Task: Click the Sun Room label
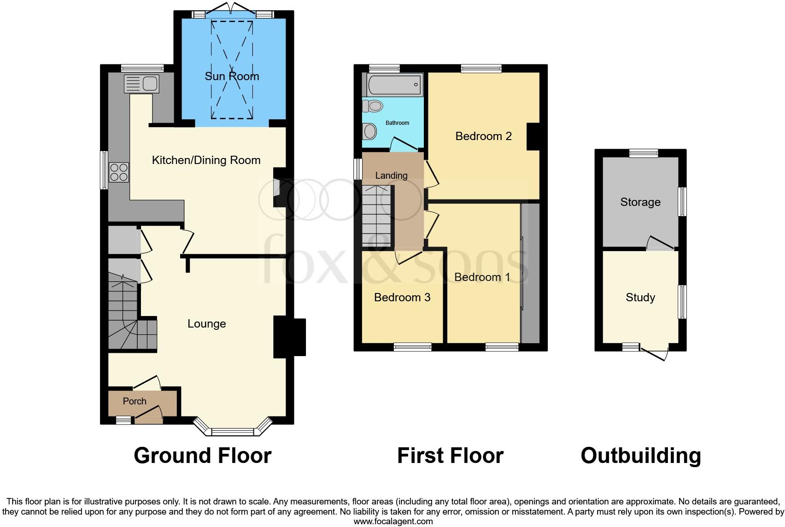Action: [x=232, y=76]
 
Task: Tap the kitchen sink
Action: [x=142, y=84]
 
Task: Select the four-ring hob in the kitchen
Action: [x=119, y=172]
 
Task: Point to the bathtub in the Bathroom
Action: [x=395, y=85]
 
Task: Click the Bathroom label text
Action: [x=397, y=123]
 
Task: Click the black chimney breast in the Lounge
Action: [x=289, y=337]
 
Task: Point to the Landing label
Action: [x=391, y=176]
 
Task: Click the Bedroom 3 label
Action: [x=402, y=298]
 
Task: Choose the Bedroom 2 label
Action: [x=483, y=136]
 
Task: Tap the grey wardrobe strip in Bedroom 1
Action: [x=531, y=274]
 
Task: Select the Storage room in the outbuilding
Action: [x=640, y=202]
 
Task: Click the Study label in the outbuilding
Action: [x=640, y=298]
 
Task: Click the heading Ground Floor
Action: [x=202, y=456]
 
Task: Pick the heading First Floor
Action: [x=450, y=456]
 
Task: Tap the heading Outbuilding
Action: [x=640, y=456]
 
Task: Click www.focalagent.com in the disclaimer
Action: [x=393, y=521]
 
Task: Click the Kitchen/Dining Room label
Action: [x=206, y=160]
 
